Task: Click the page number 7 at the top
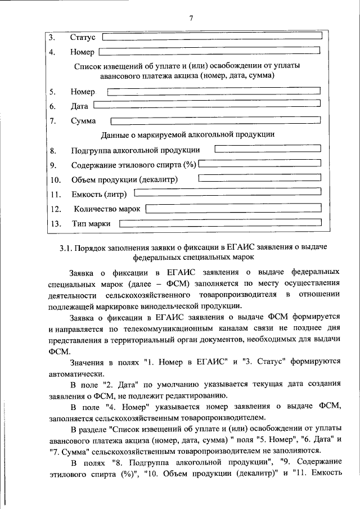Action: (x=191, y=18)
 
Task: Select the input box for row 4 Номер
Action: (x=209, y=52)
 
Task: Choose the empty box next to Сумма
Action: (x=216, y=120)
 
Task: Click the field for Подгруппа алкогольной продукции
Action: (x=268, y=149)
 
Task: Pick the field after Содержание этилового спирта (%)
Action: (x=259, y=164)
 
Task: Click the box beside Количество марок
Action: (x=233, y=208)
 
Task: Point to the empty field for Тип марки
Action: (x=220, y=223)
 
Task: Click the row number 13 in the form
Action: (x=55, y=224)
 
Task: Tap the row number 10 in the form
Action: (x=55, y=180)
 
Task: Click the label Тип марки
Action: (x=91, y=224)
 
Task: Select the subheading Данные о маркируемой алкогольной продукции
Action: (x=187, y=135)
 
